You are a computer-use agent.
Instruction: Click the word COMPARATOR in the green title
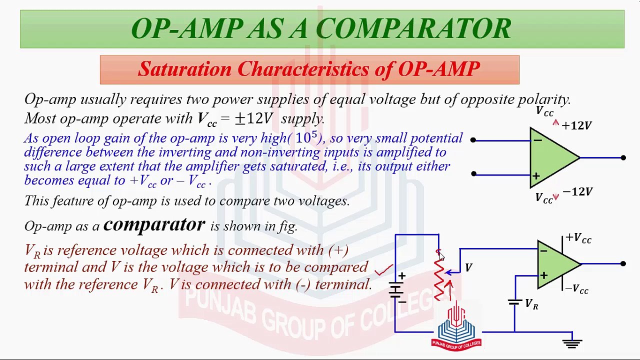414,29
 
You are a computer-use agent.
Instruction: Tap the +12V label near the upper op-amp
576,125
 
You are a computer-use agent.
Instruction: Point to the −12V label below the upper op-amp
577,191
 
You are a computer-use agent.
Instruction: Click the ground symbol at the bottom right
572,342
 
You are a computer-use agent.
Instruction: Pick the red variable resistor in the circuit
439,277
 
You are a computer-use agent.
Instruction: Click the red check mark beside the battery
383,270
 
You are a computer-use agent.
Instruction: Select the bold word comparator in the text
154,224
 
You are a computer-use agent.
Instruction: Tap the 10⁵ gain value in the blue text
306,137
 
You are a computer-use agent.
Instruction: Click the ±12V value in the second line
254,118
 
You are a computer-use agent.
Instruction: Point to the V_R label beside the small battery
531,304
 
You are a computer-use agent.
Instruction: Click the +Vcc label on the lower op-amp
578,238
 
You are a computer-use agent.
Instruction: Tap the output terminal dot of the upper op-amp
623,158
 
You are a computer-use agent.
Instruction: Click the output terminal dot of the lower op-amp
623,263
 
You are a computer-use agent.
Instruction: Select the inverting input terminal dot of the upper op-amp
473,140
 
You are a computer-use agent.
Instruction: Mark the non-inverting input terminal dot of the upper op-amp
473,174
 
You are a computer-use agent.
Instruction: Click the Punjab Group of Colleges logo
456,329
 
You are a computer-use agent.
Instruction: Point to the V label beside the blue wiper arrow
468,268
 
